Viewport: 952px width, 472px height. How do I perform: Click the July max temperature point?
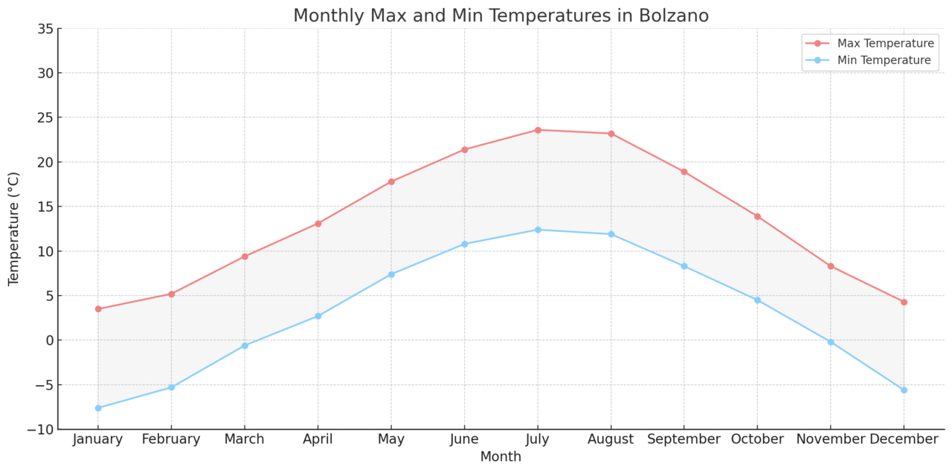click(538, 130)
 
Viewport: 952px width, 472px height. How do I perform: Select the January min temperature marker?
click(98, 408)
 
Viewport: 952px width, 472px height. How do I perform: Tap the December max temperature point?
click(904, 302)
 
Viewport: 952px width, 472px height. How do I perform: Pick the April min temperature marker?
click(318, 316)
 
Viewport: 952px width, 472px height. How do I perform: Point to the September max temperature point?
click(684, 172)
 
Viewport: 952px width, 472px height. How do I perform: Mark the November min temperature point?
click(831, 342)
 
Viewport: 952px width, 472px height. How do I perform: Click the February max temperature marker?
click(171, 294)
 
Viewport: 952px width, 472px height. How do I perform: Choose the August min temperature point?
click(611, 234)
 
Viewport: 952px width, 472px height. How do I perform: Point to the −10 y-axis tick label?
click(41, 430)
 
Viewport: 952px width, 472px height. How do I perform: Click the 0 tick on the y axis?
click(49, 340)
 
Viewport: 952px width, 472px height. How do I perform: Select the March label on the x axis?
click(245, 439)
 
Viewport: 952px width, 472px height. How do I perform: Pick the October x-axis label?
click(757, 439)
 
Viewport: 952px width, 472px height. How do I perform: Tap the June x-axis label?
click(464, 439)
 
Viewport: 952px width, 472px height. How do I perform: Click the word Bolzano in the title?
click(674, 16)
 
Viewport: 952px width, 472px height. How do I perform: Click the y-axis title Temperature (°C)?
click(14, 229)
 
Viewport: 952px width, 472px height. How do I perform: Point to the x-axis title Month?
click(501, 457)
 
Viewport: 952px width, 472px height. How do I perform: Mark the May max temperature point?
click(391, 181)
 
